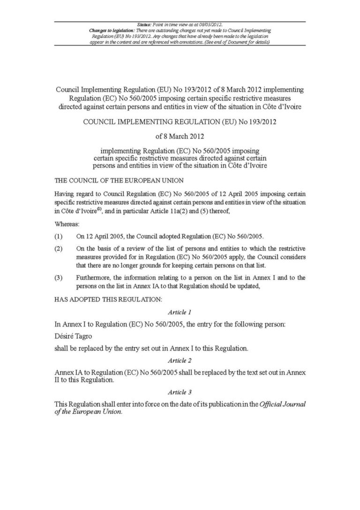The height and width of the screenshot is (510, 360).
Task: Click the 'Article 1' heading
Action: pos(180,312)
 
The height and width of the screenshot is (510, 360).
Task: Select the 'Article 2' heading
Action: pos(180,361)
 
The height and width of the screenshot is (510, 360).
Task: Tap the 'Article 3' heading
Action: pos(180,392)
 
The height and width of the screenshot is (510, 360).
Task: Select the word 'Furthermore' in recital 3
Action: pos(92,277)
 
